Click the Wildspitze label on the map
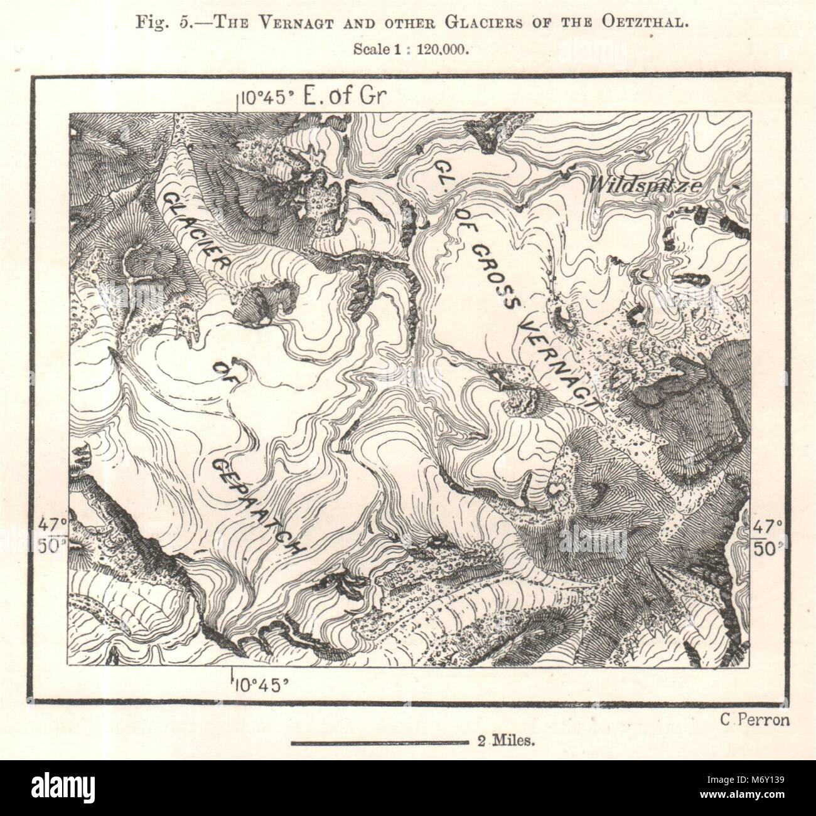click(x=638, y=186)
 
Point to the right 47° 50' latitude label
click(x=768, y=534)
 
